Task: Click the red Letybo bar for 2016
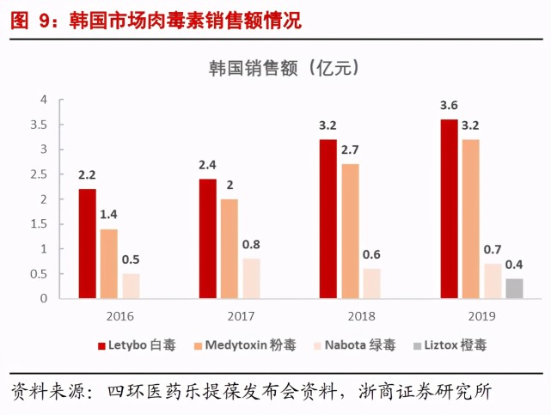click(x=87, y=244)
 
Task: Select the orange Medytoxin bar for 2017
click(x=230, y=249)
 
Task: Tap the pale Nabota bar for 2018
click(x=371, y=284)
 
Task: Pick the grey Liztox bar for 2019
click(x=514, y=289)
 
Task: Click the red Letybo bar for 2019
click(x=449, y=209)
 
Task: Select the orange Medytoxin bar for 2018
click(x=350, y=231)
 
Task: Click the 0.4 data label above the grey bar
click(x=514, y=265)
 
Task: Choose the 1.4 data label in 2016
click(x=108, y=215)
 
